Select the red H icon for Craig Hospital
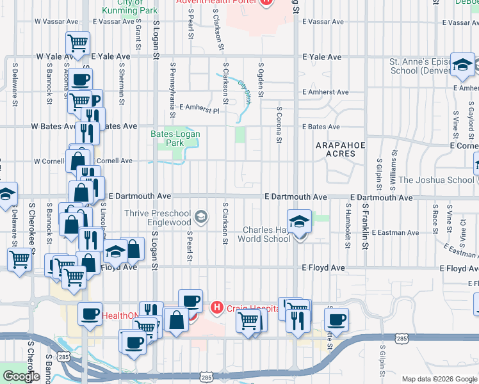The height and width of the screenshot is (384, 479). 217,308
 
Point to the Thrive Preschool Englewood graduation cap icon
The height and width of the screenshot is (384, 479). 202,217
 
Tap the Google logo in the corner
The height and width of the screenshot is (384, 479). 21,376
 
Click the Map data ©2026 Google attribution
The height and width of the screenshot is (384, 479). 440,379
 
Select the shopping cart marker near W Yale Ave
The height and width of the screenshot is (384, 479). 77,44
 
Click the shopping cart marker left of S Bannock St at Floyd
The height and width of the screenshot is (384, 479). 20,260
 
